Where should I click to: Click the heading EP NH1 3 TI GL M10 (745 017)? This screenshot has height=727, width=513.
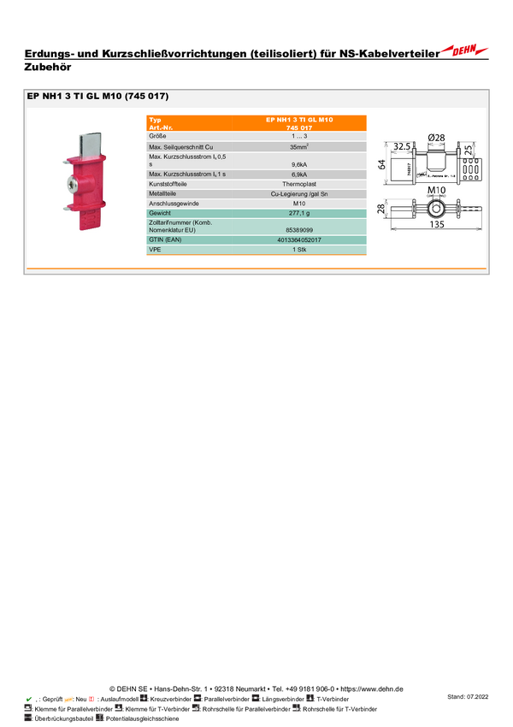98,97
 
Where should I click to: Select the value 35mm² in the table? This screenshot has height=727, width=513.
299,147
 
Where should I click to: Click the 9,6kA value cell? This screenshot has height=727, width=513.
299,163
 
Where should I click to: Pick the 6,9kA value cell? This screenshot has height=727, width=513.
299,174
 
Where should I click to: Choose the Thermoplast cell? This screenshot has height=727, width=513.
299,185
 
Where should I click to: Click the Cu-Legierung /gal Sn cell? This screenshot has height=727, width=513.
299,194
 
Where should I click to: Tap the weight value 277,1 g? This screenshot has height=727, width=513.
299,213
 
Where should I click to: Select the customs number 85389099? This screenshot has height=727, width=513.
299,230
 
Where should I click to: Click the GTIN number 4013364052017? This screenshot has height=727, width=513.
299,240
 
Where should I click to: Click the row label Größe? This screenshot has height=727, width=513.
157,137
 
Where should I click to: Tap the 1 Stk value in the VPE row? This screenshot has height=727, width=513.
299,250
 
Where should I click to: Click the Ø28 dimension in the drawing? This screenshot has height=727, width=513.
436,137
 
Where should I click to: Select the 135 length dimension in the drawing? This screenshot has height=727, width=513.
436,225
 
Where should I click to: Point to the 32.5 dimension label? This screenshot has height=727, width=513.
403,145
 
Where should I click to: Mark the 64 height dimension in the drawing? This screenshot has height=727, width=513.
381,164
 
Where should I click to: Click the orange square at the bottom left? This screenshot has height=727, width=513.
68,699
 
